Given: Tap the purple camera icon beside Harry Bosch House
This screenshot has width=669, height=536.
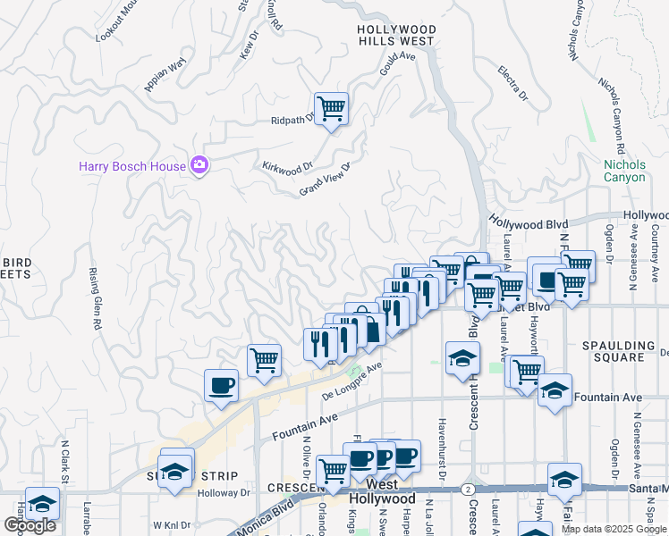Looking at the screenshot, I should tap(199, 164).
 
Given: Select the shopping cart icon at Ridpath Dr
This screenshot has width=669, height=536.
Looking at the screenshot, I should tap(331, 109).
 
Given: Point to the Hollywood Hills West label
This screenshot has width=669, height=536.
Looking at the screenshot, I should tap(396, 35).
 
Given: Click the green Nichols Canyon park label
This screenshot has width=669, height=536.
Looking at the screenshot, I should tap(624, 171).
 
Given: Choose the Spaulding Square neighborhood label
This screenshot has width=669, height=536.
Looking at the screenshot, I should tap(625, 350).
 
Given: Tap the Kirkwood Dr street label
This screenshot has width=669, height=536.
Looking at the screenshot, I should tap(288, 166).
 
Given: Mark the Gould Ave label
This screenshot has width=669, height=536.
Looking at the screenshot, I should tap(399, 62).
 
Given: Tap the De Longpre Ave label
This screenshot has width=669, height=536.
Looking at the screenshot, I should tap(352, 380).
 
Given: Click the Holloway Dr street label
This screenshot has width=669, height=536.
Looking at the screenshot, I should tap(224, 492).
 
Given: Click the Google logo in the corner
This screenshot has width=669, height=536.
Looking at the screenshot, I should tap(30, 525).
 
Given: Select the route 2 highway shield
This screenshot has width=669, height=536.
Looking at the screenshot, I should tap(468, 489).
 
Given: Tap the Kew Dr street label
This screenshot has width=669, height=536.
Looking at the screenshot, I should tap(249, 46).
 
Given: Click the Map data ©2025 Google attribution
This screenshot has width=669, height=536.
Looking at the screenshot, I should tap(614, 529).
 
